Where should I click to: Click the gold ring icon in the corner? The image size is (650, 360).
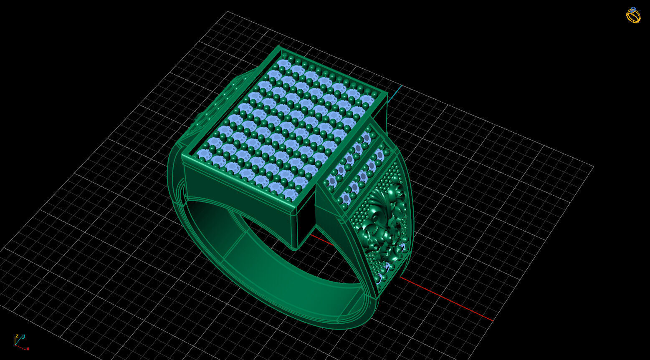633,15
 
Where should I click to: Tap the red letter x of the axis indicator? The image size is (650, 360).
28,349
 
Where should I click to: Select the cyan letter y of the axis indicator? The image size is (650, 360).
24,336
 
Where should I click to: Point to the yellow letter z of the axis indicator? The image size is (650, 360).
17,336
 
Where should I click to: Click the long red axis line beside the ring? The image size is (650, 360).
447,299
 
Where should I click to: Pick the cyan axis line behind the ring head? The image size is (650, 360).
395,94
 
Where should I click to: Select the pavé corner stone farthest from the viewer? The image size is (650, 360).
284,63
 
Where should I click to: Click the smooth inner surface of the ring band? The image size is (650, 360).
267,267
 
